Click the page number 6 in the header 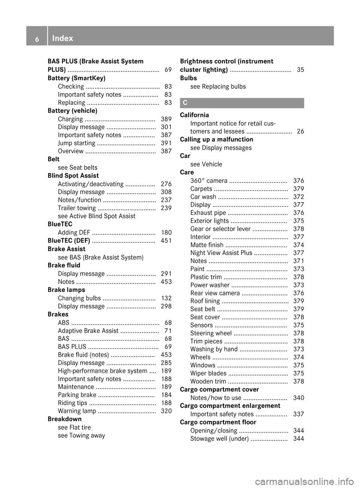pos(37,38)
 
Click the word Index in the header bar pos(63,38)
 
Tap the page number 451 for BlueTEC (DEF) pos(166,241)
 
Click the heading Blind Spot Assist pos(73,175)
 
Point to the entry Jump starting pos(76,143)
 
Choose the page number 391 pos(166,143)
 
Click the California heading pos(194,115)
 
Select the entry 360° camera pos(208,181)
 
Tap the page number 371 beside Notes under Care pos(298,261)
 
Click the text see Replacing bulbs pos(218,87)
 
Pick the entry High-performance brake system pos(103,371)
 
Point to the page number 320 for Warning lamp pos(166,411)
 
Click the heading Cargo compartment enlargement pos(230,406)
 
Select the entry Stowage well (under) pos(219,439)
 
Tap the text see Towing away pos(81,436)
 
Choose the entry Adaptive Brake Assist pos(88,331)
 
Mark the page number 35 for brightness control pos(300,70)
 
